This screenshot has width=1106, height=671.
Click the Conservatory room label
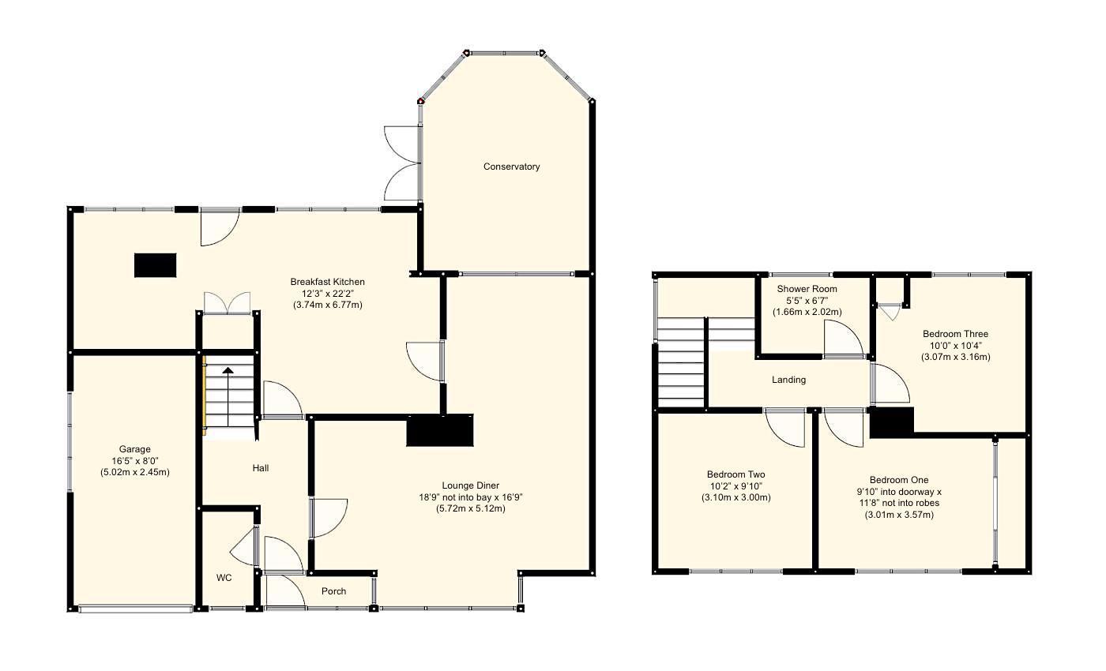512,167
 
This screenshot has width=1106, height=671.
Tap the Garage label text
135,449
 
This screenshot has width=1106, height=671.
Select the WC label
224,578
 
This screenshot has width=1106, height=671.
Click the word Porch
333,591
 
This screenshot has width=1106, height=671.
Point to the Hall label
261,468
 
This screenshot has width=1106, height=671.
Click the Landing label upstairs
788,380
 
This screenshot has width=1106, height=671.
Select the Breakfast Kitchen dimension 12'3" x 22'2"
327,294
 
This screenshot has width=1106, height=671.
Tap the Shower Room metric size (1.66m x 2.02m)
807,312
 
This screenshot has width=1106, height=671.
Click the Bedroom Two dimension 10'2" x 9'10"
735,486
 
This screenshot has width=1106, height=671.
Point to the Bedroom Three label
955,334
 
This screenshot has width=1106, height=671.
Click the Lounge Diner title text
470,485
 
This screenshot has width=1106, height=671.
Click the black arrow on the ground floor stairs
228,371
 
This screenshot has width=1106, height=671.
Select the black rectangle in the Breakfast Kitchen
155,265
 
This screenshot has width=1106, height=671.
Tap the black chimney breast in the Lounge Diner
439,430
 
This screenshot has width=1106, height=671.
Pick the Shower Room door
842,341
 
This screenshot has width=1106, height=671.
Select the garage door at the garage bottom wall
135,608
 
